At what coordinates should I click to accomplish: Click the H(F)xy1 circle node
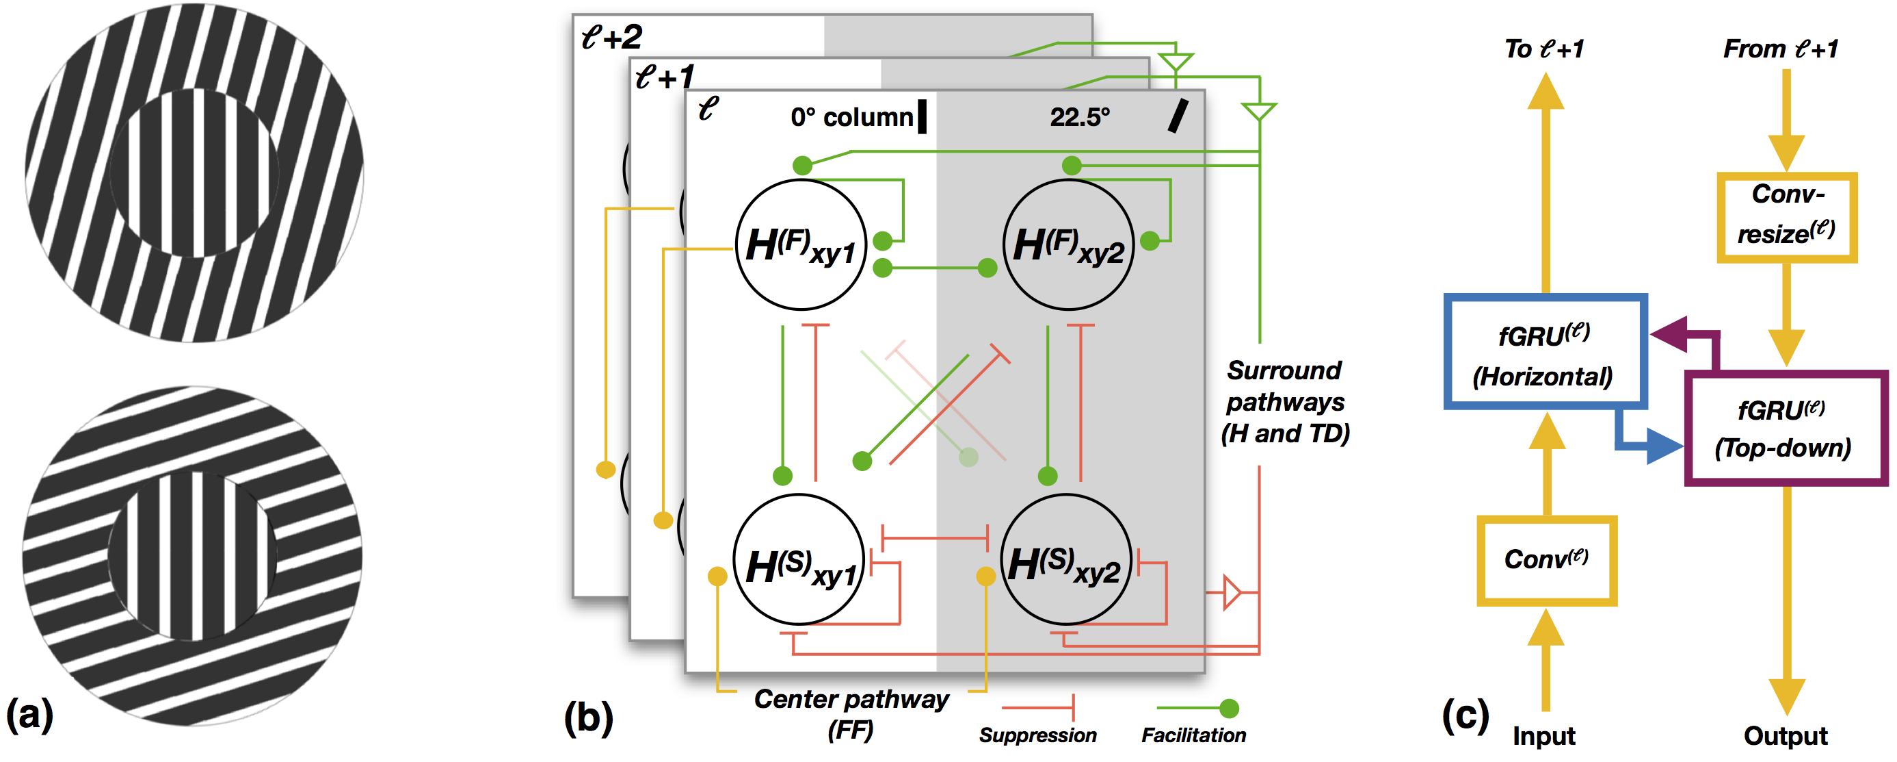point(801,244)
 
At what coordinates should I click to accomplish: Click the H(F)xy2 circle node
point(1069,244)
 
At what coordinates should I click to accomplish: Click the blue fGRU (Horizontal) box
point(1545,353)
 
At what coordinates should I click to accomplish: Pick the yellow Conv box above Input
point(1546,560)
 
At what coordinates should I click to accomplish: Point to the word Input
point(1543,735)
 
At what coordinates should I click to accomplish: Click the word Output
point(1785,735)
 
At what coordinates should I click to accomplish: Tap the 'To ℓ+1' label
point(1544,49)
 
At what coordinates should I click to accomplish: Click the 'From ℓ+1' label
point(1780,49)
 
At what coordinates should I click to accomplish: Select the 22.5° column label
point(1080,116)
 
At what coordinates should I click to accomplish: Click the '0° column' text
point(851,116)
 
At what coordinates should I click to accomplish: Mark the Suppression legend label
point(1037,735)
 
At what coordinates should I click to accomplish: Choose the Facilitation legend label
point(1193,735)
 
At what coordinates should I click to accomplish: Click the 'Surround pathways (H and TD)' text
point(1284,402)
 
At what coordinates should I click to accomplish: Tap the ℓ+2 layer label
point(611,37)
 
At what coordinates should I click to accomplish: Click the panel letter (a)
point(29,713)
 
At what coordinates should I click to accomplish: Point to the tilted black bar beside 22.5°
point(1178,116)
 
